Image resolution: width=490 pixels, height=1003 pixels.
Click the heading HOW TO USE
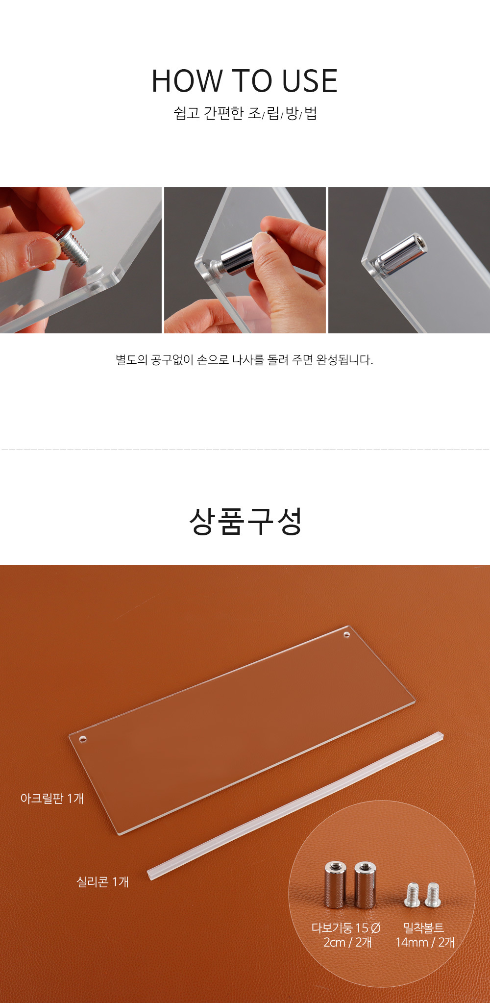click(x=245, y=81)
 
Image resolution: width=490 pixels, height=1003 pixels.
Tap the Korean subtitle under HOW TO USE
click(x=245, y=113)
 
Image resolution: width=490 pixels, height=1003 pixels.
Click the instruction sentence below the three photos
click(x=245, y=360)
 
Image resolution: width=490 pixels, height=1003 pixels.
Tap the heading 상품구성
click(x=245, y=521)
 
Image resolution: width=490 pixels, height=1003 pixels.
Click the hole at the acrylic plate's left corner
click(x=82, y=739)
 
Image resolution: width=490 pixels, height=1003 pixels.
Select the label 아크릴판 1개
click(x=52, y=799)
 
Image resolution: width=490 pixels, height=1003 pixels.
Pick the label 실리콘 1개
click(x=103, y=882)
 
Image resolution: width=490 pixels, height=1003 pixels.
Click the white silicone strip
click(x=295, y=806)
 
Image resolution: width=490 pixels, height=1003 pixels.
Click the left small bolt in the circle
click(x=413, y=895)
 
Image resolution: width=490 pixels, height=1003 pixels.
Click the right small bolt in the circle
click(x=433, y=895)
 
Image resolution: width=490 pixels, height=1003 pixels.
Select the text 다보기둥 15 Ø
click(x=346, y=928)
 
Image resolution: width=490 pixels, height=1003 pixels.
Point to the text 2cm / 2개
click(x=347, y=942)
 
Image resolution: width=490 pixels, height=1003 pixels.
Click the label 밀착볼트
click(x=423, y=928)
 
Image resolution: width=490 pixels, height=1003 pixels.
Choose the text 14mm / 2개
click(x=425, y=942)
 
